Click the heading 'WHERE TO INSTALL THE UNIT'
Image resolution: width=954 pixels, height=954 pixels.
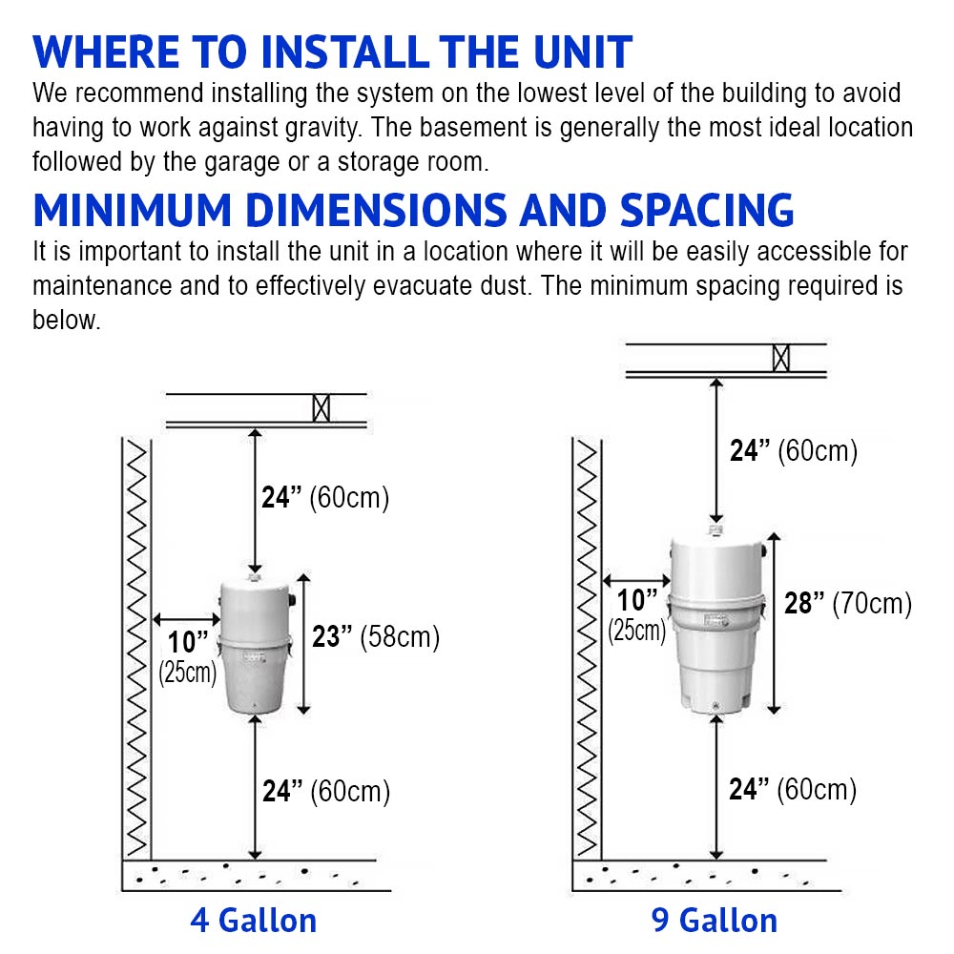click(x=332, y=52)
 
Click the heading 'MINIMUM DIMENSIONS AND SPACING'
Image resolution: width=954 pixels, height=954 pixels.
click(x=413, y=211)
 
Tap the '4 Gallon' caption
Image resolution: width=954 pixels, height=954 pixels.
click(x=253, y=921)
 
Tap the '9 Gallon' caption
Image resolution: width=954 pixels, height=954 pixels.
click(x=715, y=921)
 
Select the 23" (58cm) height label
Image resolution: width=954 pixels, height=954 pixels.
click(x=376, y=637)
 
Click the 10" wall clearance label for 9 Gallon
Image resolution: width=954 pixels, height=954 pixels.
click(x=637, y=612)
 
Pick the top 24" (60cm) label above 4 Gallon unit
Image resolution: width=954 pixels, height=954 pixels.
click(x=325, y=497)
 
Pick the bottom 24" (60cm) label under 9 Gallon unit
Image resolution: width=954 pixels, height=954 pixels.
click(x=793, y=790)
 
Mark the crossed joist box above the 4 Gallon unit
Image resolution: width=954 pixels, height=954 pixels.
click(x=321, y=408)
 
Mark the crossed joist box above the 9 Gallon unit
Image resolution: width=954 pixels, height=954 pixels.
click(x=781, y=358)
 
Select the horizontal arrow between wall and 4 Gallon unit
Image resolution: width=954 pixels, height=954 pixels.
click(x=186, y=620)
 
